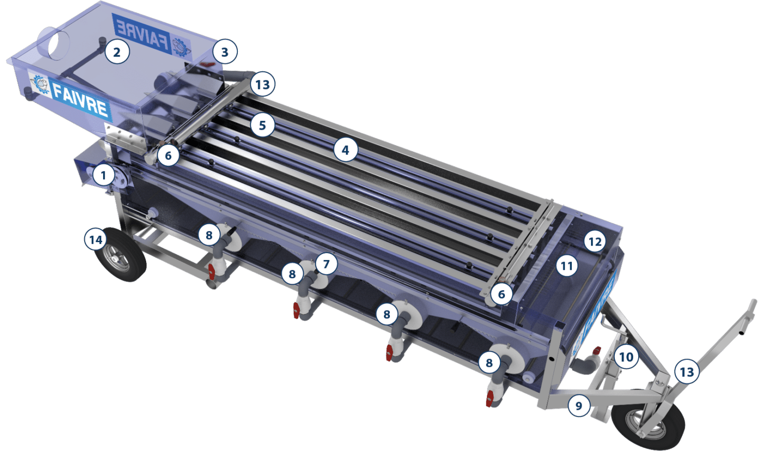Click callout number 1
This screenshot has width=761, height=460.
(x=103, y=175)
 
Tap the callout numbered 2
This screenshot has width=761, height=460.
(x=116, y=52)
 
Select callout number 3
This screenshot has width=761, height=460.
(x=224, y=52)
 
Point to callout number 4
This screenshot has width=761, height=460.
(x=345, y=150)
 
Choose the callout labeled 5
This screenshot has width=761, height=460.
(x=262, y=125)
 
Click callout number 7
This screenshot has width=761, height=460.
(x=326, y=264)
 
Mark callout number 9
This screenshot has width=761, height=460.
(x=579, y=406)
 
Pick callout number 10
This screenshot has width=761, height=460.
(x=626, y=357)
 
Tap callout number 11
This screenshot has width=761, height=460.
(x=566, y=266)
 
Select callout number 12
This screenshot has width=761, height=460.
(x=595, y=242)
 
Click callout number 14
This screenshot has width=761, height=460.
(x=96, y=240)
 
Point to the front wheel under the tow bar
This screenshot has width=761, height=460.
(x=648, y=419)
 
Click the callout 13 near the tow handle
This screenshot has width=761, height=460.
(x=687, y=372)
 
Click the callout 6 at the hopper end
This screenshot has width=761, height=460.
(x=168, y=155)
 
